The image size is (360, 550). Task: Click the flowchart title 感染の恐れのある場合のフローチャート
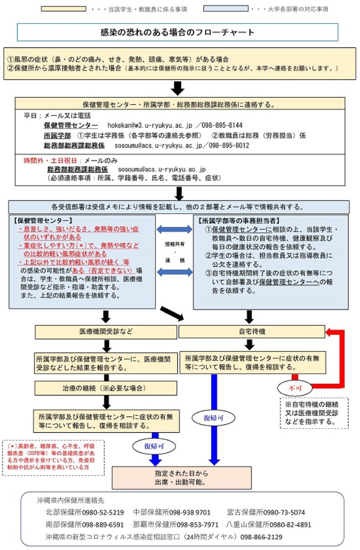pyautogui.click(x=177, y=32)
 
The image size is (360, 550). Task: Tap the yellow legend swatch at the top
pyautogui.click(x=63, y=9)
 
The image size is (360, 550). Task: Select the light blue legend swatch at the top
pyautogui.click(x=226, y=9)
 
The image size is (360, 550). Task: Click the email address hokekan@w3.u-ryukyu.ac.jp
pyautogui.click(x=150, y=125)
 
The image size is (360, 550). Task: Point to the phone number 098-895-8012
pyautogui.click(x=229, y=145)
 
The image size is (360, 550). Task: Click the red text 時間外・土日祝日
pyautogui.click(x=50, y=161)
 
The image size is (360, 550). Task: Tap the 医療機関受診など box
pyautogui.click(x=106, y=332)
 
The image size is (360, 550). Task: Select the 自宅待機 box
pyautogui.click(x=252, y=332)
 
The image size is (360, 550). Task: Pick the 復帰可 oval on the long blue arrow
pyautogui.click(x=214, y=418)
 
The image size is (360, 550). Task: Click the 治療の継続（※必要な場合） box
pyautogui.click(x=106, y=388)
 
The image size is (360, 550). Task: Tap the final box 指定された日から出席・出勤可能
pyautogui.click(x=182, y=478)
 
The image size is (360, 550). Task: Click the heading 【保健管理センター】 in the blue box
pyautogui.click(x=43, y=220)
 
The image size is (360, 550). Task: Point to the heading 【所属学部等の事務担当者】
pyautogui.click(x=239, y=220)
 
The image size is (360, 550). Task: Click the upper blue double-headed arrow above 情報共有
pyautogui.click(x=175, y=229)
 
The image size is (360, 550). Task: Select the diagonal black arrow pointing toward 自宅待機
pyautogui.click(x=172, y=313)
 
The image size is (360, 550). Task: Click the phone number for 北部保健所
pyautogui.click(x=103, y=512)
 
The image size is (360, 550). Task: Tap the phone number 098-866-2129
pyautogui.click(x=261, y=537)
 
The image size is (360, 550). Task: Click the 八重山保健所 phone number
pyautogui.click(x=290, y=525)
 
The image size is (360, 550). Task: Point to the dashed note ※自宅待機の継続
pyautogui.click(x=314, y=413)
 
